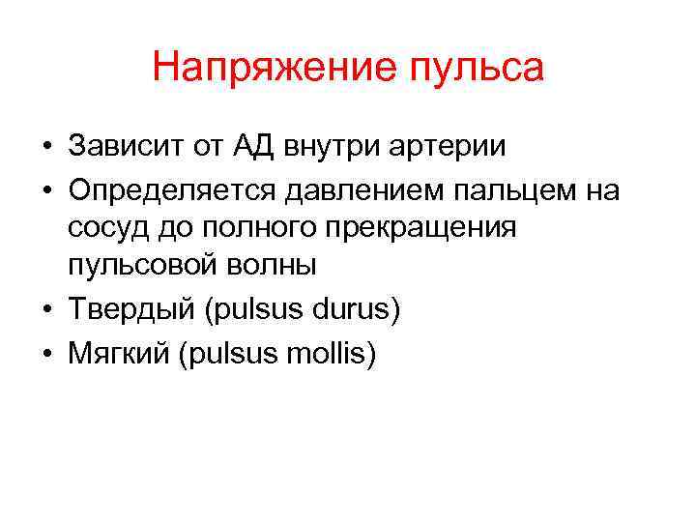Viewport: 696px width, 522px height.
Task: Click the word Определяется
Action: coord(167,190)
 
